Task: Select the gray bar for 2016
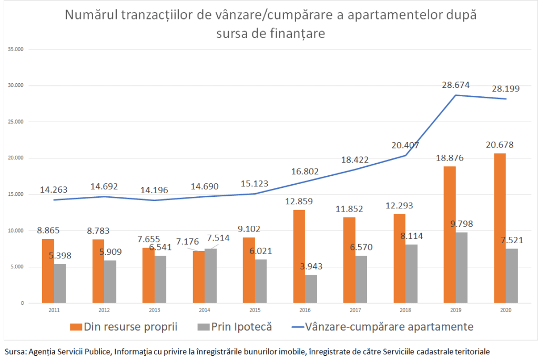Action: coord(311,288)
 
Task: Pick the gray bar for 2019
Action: coord(462,267)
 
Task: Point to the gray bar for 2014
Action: coord(210,276)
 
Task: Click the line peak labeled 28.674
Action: coord(456,95)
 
